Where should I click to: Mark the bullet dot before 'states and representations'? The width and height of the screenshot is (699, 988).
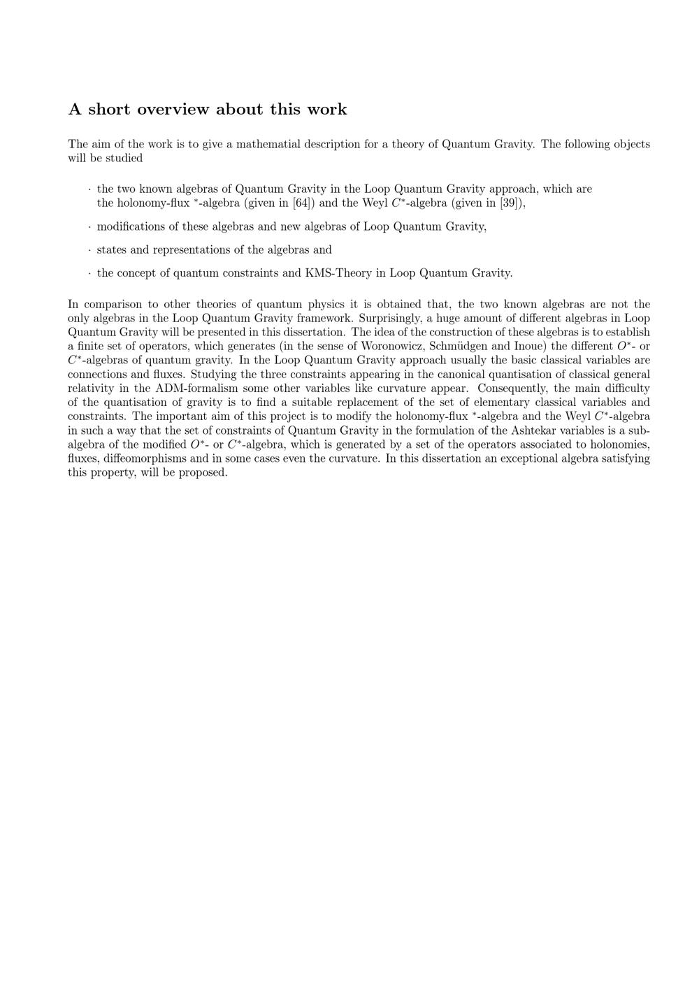[x=89, y=250]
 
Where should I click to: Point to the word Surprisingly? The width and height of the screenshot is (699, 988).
[x=391, y=319]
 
